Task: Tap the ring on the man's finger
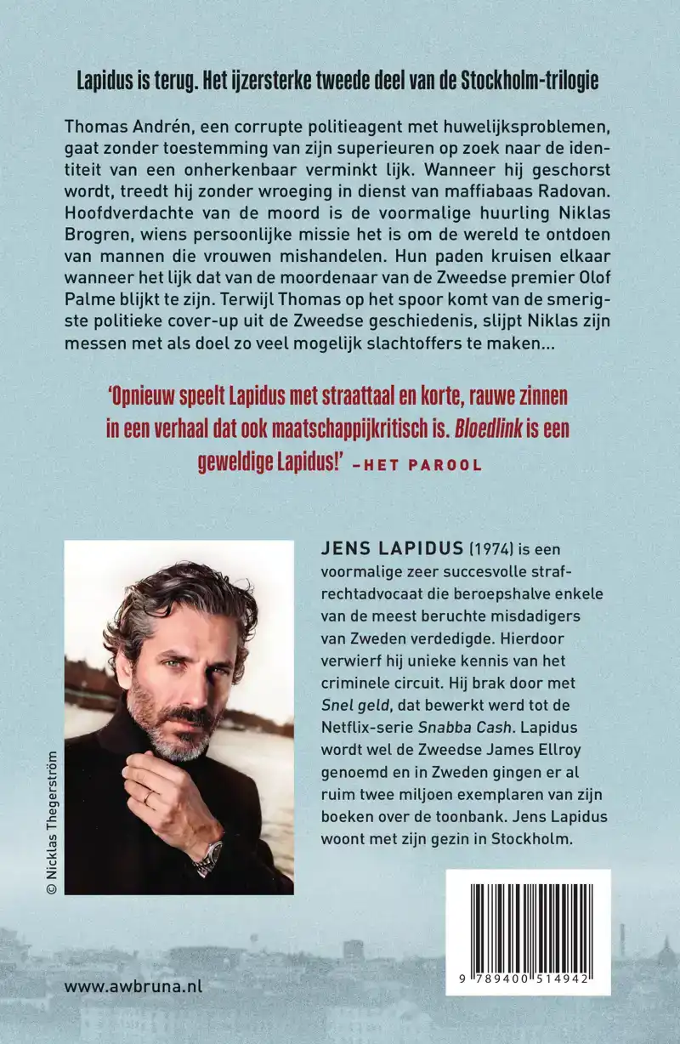150,798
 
